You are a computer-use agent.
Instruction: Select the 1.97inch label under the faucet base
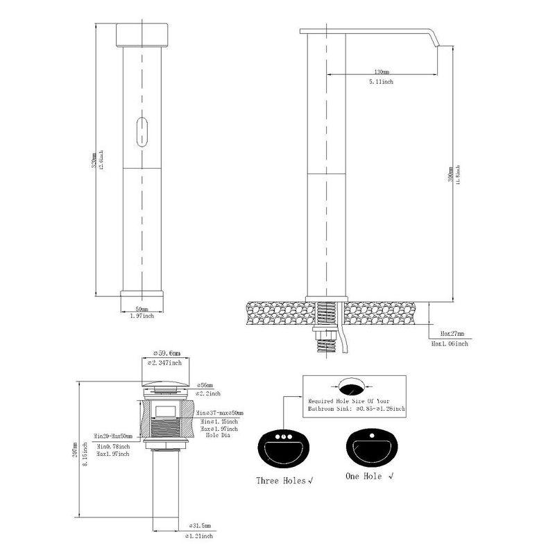(142, 316)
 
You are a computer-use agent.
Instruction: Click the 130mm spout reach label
(381, 71)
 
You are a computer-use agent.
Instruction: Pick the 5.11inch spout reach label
(381, 82)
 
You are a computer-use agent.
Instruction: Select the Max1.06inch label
(450, 343)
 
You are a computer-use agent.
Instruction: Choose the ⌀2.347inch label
(166, 362)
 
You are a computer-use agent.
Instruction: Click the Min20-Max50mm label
(115, 436)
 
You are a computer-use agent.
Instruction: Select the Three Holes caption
(282, 479)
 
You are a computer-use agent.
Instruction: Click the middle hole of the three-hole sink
(284, 438)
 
